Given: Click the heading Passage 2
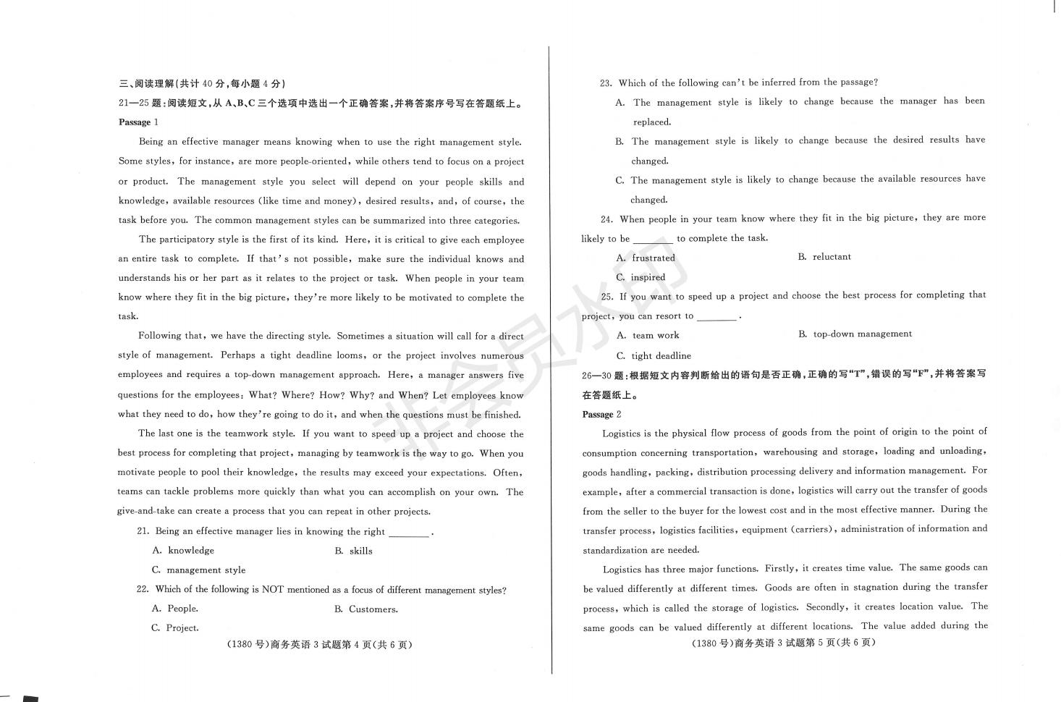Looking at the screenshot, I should point(601,415).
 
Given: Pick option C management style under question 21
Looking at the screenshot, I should point(198,570).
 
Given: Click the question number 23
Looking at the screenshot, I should point(606,83).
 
